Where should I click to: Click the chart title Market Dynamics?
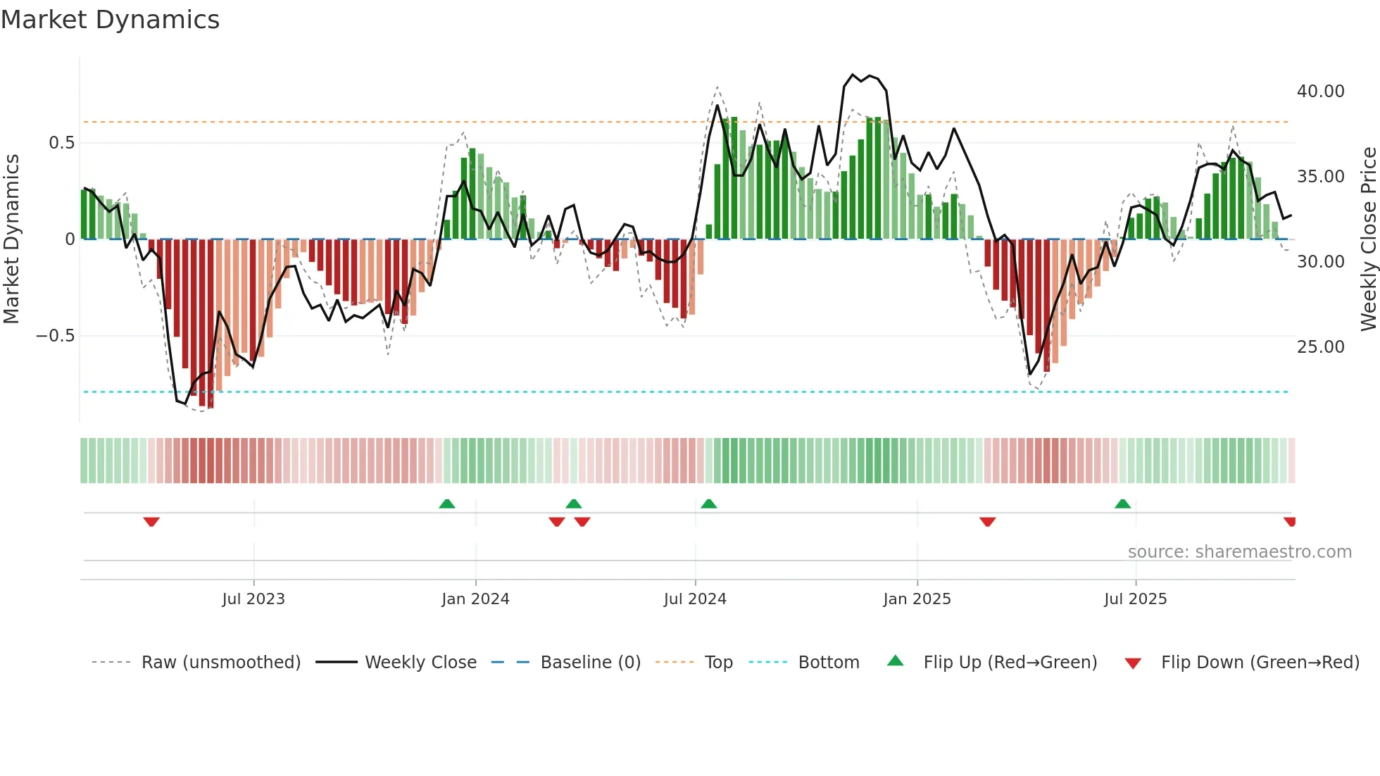(x=110, y=20)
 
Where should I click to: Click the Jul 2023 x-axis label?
(x=253, y=599)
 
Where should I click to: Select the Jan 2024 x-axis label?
(x=475, y=599)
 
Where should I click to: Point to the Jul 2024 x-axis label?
(x=695, y=599)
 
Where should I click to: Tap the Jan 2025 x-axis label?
(x=917, y=599)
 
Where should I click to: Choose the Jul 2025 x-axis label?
(x=1135, y=599)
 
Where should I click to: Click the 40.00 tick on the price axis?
(x=1320, y=92)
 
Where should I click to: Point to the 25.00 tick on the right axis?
(x=1320, y=347)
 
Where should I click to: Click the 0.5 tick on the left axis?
(x=61, y=143)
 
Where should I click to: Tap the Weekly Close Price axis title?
(x=1368, y=239)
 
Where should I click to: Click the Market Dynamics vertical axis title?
(x=11, y=239)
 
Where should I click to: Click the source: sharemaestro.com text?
(x=1239, y=552)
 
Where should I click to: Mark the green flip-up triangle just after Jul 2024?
(x=709, y=504)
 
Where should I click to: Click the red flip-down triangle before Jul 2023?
(x=151, y=522)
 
